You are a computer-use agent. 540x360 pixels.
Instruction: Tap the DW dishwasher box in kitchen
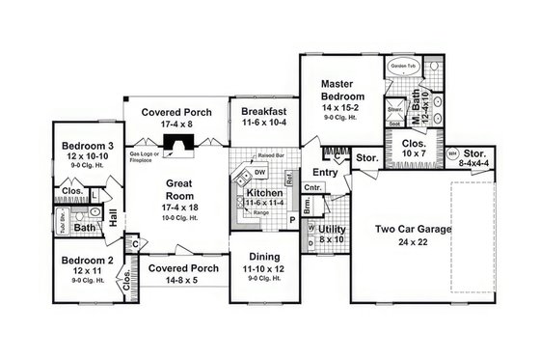tap(260, 172)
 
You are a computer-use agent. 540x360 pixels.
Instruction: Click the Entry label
tap(325, 172)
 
